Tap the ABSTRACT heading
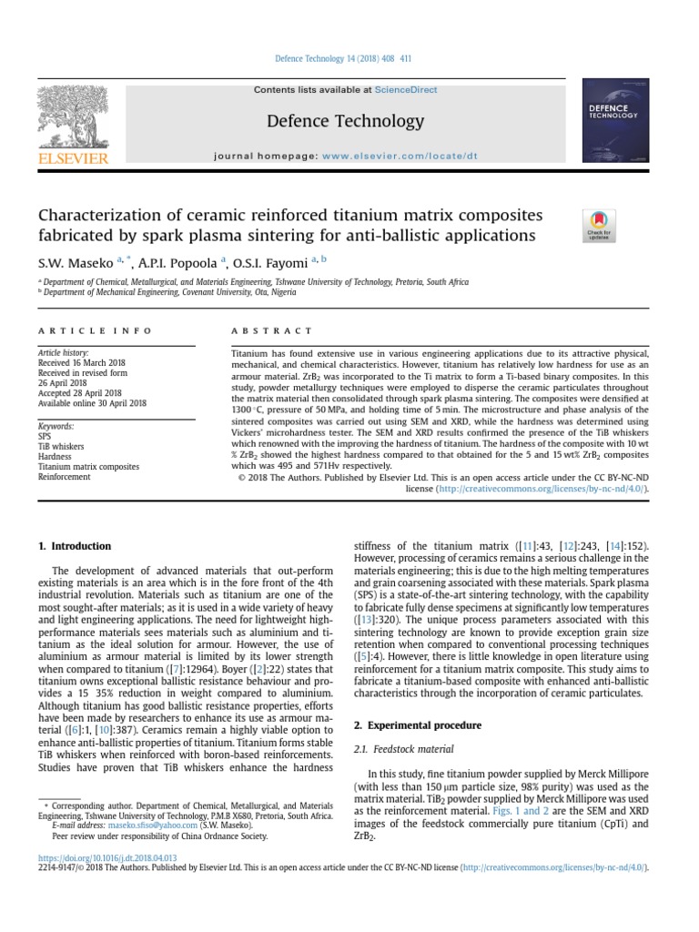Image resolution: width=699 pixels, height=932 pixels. pyautogui.click(x=271, y=331)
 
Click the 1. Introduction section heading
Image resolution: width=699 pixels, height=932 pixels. pyautogui.click(x=75, y=546)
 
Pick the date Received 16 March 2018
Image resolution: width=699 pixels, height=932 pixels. pyautogui.click(x=82, y=362)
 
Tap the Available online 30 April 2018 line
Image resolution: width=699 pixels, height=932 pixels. pyautogui.click(x=91, y=402)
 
